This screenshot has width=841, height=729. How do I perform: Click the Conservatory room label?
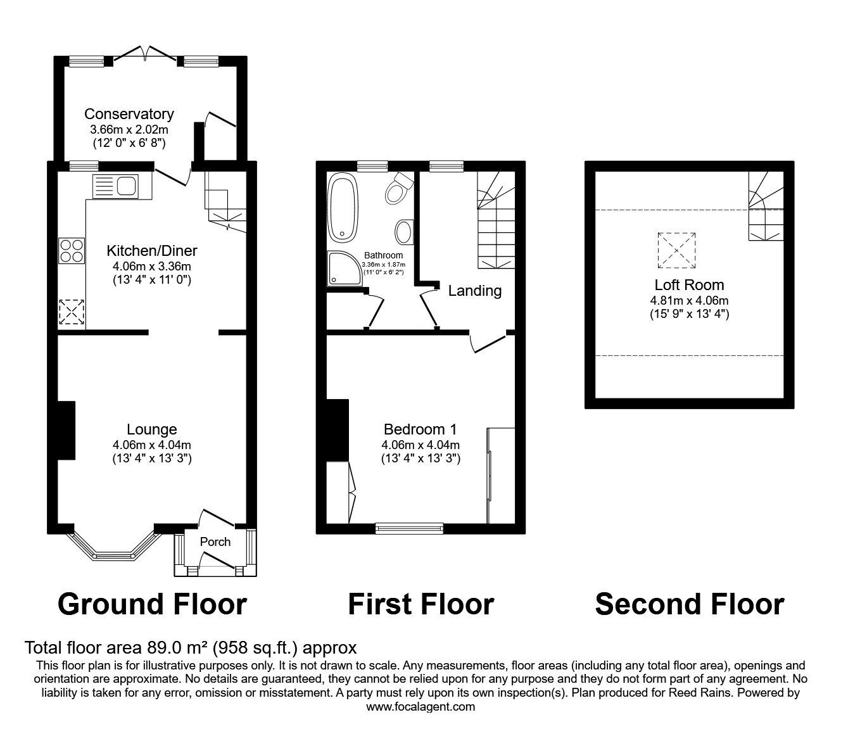[x=129, y=114]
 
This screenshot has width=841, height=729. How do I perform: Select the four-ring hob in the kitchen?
[x=72, y=250]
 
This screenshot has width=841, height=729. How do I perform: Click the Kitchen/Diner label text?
[x=152, y=250]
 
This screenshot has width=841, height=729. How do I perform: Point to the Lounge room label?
[x=151, y=430]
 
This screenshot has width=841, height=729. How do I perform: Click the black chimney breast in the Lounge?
[x=66, y=430]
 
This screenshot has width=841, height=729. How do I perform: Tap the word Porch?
[x=215, y=542]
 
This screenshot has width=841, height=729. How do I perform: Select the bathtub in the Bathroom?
[x=343, y=207]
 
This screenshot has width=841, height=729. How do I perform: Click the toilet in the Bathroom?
[x=398, y=187]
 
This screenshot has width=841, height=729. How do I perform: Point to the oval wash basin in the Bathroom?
[x=403, y=232]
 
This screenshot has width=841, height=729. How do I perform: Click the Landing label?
[x=474, y=291]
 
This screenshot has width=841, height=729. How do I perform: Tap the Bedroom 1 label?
[x=420, y=430]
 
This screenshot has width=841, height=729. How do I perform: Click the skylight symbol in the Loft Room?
[x=676, y=250]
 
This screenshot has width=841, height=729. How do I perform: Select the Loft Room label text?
[x=689, y=285]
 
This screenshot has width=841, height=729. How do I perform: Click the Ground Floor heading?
[x=152, y=604]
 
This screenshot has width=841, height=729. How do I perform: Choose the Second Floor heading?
[x=689, y=604]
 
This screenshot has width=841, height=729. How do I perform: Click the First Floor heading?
[x=420, y=604]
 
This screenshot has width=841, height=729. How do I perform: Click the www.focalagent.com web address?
[x=420, y=706]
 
